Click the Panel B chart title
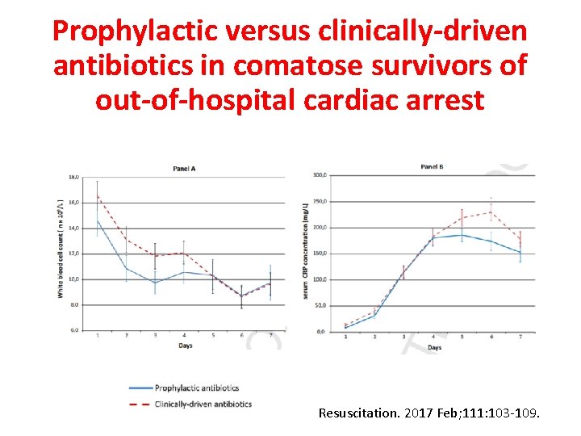point(432,167)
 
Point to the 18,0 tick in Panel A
point(73,176)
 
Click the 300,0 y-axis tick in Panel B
point(320,175)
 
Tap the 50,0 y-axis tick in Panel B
point(320,305)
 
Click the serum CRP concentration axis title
point(307,253)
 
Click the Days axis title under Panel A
point(186,346)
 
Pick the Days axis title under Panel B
point(434,347)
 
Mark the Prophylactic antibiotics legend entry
point(196,388)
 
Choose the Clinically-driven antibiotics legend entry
point(203,404)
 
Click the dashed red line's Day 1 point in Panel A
point(98,195)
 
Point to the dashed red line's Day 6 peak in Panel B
point(491,212)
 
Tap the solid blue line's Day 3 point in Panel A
point(155,283)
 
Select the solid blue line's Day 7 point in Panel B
point(520,253)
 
